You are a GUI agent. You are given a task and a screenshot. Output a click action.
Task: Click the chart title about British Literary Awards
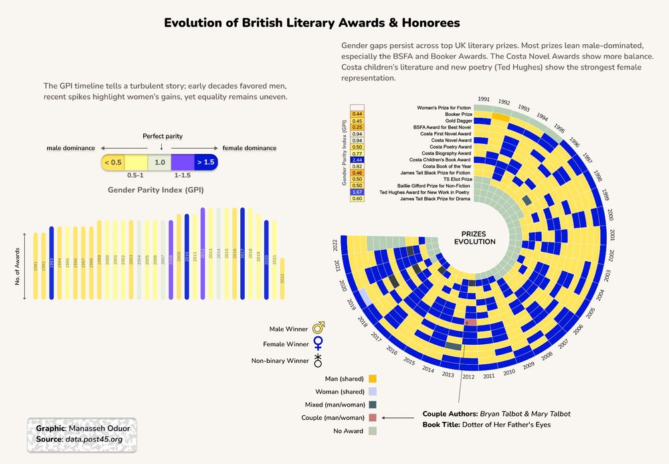pyautogui.click(x=312, y=23)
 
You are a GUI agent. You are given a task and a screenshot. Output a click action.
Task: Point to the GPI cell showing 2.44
pyautogui.click(x=357, y=160)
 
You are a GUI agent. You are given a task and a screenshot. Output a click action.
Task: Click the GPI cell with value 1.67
pyautogui.click(x=357, y=191)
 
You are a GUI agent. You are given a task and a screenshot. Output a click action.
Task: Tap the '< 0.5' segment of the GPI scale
pyautogui.click(x=113, y=162)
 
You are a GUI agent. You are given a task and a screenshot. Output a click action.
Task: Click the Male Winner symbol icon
pyautogui.click(x=319, y=328)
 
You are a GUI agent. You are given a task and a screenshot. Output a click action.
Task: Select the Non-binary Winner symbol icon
pyautogui.click(x=319, y=361)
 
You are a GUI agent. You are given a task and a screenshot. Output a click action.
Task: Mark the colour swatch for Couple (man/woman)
pyautogui.click(x=373, y=418)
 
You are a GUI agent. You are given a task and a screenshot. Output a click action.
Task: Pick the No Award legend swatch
pyautogui.click(x=373, y=431)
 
